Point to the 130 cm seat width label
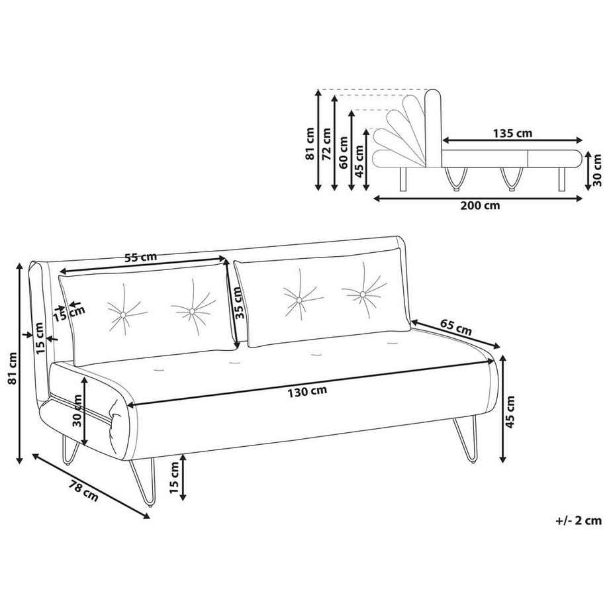pos(307,391)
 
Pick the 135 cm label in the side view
pos(513,133)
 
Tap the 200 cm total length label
pos(481,205)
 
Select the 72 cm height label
pos(325,143)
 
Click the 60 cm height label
pos(342,152)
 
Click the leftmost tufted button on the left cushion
pos(122,312)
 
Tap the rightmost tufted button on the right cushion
pos(363,292)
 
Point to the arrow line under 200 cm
pos(480,197)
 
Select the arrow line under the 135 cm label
pos(513,140)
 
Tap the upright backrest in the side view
pos(434,126)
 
